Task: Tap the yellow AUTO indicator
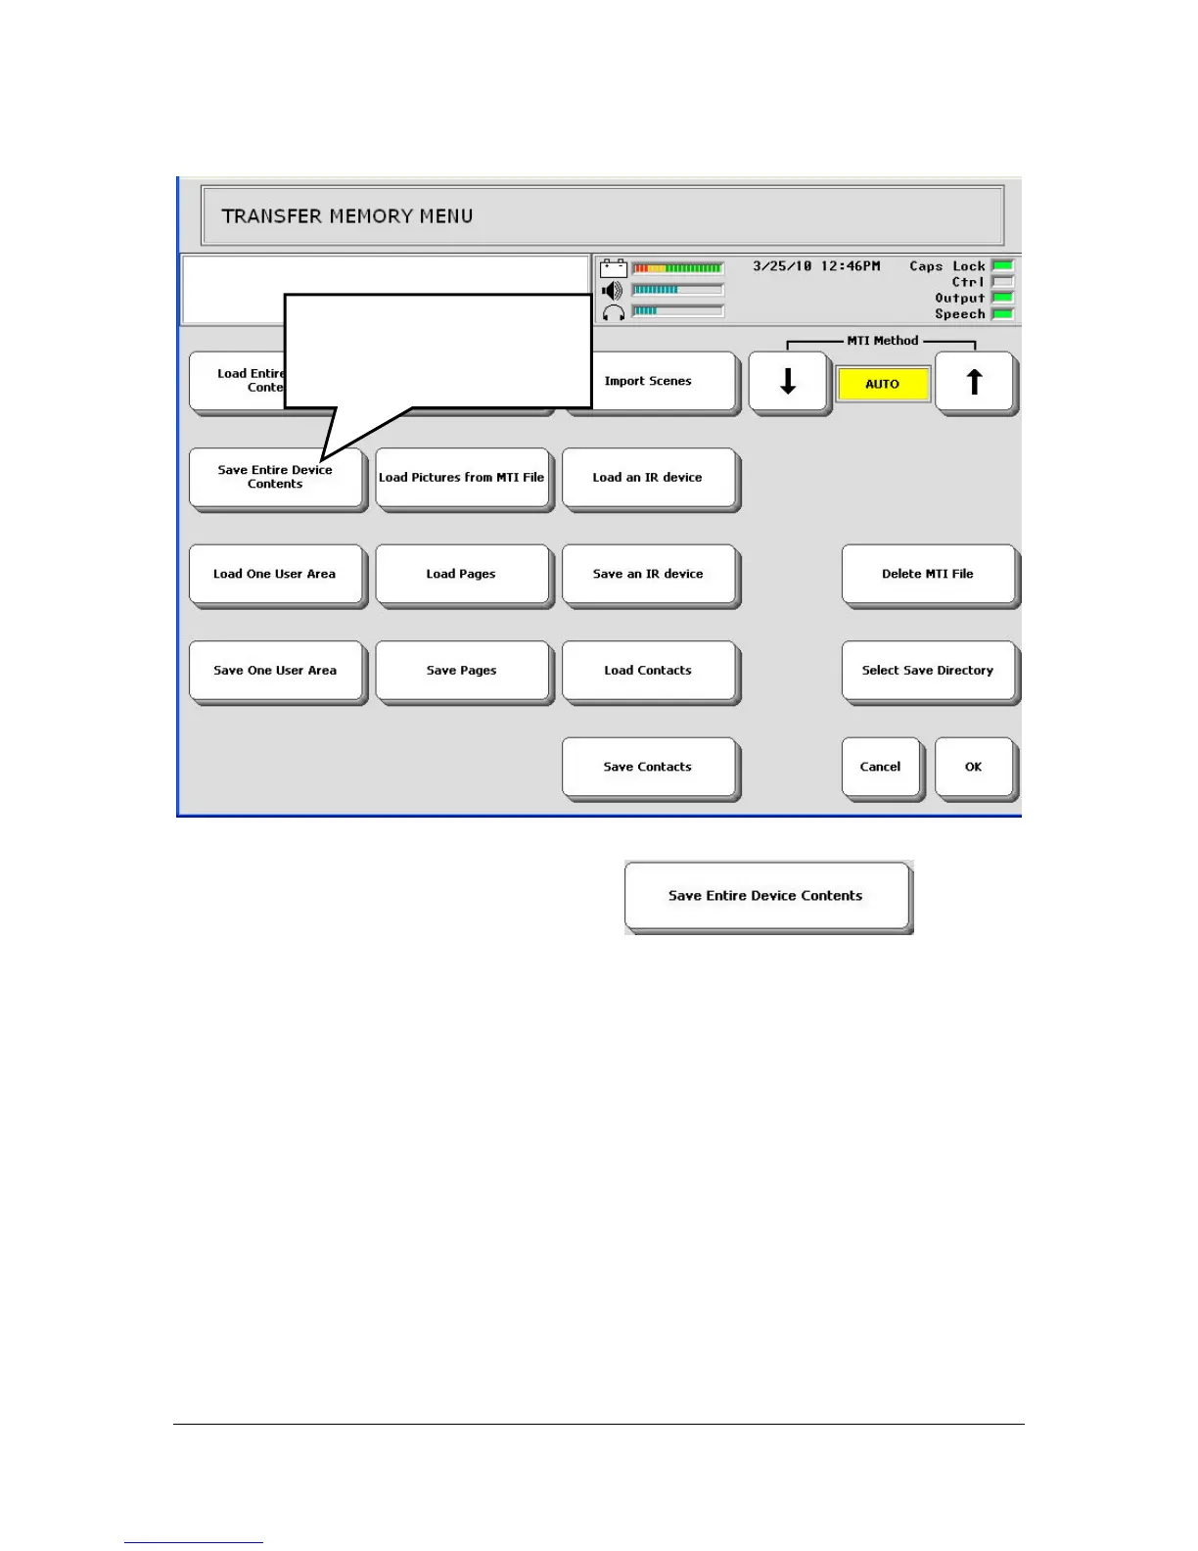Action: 882,384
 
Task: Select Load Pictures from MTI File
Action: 462,478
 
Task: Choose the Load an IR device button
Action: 648,478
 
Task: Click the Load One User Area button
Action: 275,574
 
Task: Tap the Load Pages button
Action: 462,574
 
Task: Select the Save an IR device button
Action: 648,574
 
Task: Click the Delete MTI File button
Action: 928,574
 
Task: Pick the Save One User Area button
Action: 275,671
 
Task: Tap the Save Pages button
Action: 462,671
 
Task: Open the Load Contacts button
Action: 648,671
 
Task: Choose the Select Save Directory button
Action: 928,671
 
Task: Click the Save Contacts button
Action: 648,767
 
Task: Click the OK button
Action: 974,767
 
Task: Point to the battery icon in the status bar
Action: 614,268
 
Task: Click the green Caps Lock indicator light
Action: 1003,265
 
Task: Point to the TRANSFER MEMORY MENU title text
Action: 347,216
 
